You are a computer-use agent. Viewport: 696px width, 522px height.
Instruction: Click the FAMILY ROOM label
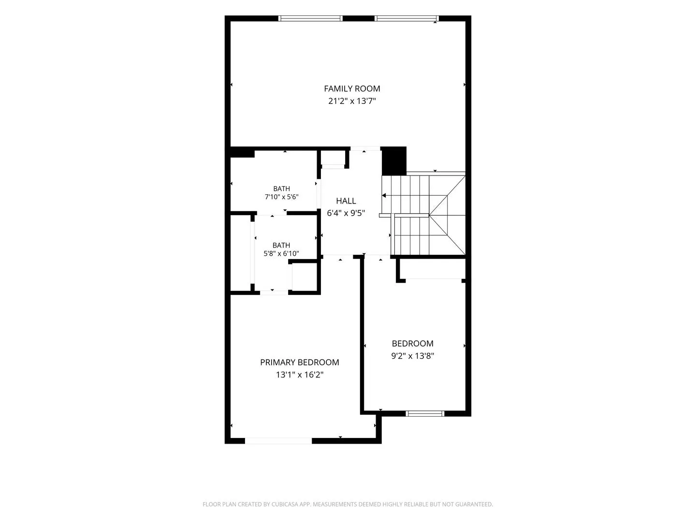352,89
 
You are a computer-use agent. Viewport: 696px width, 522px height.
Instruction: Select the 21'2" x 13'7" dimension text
352,101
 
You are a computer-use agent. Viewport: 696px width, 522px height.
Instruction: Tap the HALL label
346,201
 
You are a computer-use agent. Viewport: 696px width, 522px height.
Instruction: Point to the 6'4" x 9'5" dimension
346,213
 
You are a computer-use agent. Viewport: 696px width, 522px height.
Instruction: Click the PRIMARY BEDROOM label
299,362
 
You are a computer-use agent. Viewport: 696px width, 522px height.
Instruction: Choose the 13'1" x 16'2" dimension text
299,375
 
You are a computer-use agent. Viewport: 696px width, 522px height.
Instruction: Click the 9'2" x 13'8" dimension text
412,356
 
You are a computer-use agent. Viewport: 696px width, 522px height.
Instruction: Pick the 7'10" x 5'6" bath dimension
281,197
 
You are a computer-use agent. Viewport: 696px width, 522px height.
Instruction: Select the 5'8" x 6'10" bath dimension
281,254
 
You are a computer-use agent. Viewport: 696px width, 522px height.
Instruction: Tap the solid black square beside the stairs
393,160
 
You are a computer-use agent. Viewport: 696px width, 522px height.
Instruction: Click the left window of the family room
310,18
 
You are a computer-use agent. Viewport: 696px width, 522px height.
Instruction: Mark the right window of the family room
406,18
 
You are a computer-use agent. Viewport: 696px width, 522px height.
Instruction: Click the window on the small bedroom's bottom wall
424,413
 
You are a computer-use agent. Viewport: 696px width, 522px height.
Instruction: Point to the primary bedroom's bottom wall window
278,440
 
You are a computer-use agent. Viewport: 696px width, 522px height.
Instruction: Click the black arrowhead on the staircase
383,196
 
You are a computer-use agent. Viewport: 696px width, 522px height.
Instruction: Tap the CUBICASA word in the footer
285,504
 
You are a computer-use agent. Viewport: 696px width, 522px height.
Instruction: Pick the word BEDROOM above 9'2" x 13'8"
412,344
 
